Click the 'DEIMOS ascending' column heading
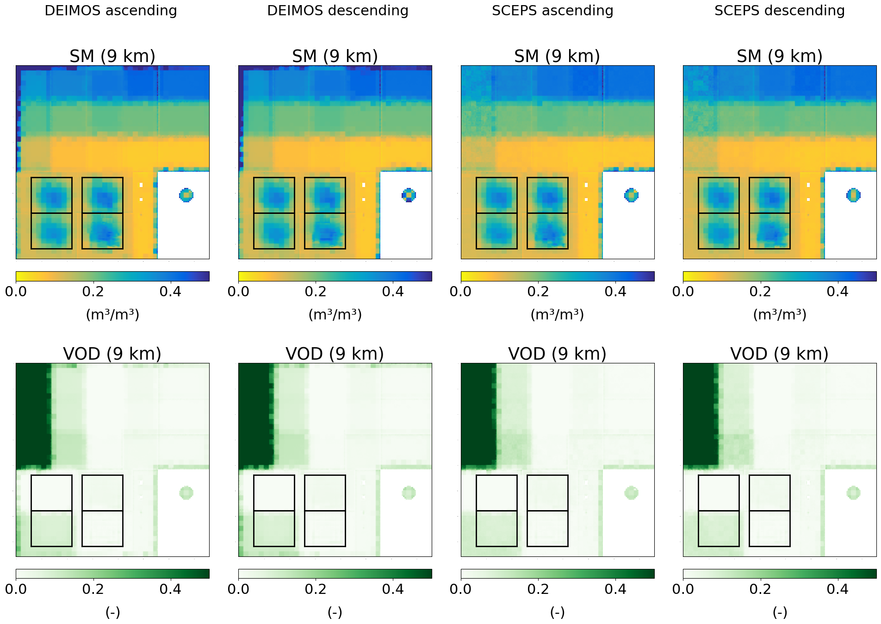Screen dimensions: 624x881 tap(111, 11)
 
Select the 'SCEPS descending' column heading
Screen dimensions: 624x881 tap(779, 11)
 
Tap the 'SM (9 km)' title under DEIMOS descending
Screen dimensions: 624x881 tap(335, 56)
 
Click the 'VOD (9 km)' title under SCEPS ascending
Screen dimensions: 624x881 tap(557, 354)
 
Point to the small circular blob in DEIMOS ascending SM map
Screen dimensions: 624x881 tap(186, 195)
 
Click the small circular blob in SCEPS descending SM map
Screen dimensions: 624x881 tap(853, 195)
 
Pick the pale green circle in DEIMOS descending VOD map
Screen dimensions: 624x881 tap(409, 493)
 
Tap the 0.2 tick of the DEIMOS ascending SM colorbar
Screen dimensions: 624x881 tap(93, 292)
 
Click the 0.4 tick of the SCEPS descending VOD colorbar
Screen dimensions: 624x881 tap(838, 589)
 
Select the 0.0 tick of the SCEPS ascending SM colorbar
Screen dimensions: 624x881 tap(461, 292)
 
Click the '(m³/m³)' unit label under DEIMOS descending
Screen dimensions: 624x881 tap(335, 315)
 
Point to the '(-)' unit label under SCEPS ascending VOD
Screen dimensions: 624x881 tap(557, 612)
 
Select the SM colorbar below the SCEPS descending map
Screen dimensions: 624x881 tap(780, 276)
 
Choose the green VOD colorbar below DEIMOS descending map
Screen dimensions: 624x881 tap(335, 574)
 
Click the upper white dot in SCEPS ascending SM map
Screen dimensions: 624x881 tap(586, 185)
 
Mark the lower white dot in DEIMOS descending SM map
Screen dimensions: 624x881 tap(364, 200)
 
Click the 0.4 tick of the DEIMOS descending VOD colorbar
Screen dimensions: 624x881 tap(393, 589)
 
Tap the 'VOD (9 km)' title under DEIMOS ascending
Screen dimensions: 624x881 tap(112, 354)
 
